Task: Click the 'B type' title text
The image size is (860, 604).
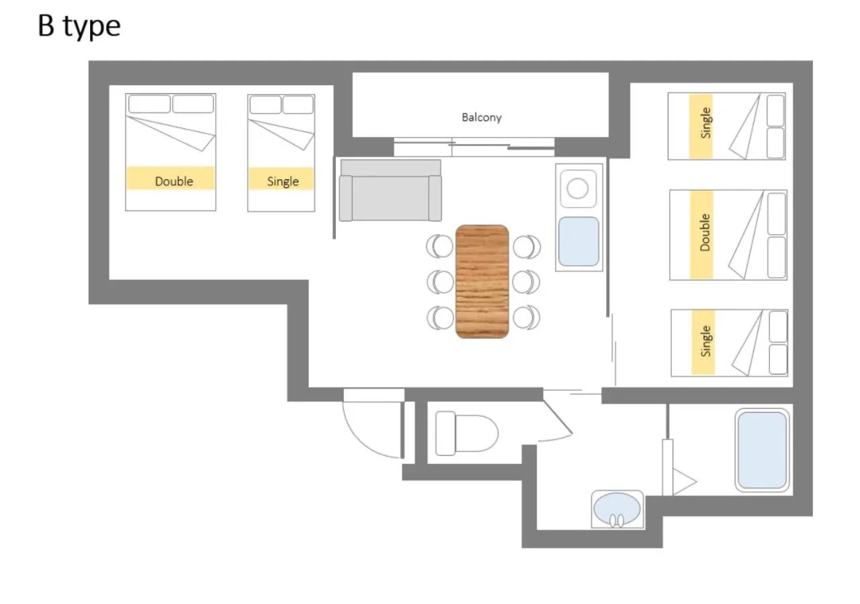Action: pos(79,27)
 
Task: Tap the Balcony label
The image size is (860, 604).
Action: pos(482,117)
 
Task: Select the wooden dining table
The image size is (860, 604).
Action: pos(482,281)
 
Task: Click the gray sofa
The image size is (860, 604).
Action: pos(390,191)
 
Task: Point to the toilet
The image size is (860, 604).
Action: pos(466,434)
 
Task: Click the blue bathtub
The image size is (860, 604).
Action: pos(762,450)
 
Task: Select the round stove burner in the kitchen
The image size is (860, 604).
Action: pos(577,189)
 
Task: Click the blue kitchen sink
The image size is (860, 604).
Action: pos(578,242)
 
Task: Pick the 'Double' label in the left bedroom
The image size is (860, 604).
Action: pos(174,181)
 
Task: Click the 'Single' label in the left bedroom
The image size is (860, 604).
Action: pos(283,181)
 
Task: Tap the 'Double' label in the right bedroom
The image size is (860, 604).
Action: pos(705,232)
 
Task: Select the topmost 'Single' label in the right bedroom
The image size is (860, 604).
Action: pos(705,123)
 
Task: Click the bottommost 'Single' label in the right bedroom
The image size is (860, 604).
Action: pos(705,341)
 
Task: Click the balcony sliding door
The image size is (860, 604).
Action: pos(474,147)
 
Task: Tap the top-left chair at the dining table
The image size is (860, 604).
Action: pos(439,246)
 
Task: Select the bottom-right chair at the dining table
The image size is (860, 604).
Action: pos(526,317)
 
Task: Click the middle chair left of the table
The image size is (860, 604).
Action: pos(440,282)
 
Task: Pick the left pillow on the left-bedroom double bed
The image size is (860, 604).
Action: pos(149,104)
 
